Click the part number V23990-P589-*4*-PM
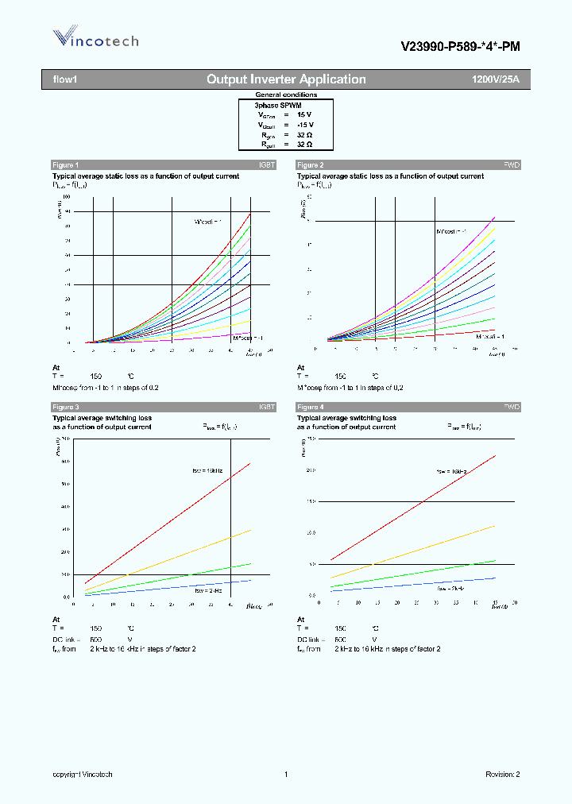460,47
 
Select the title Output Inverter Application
286,79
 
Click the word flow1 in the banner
64,79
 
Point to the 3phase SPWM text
277,105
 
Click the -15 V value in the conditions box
305,125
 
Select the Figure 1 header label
65,164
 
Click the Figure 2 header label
310,164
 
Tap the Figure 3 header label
65,407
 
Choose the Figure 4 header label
310,407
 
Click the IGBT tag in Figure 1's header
266,164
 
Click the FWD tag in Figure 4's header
512,407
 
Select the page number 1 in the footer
285,775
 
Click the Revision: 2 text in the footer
502,775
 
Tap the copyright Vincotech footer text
83,775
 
